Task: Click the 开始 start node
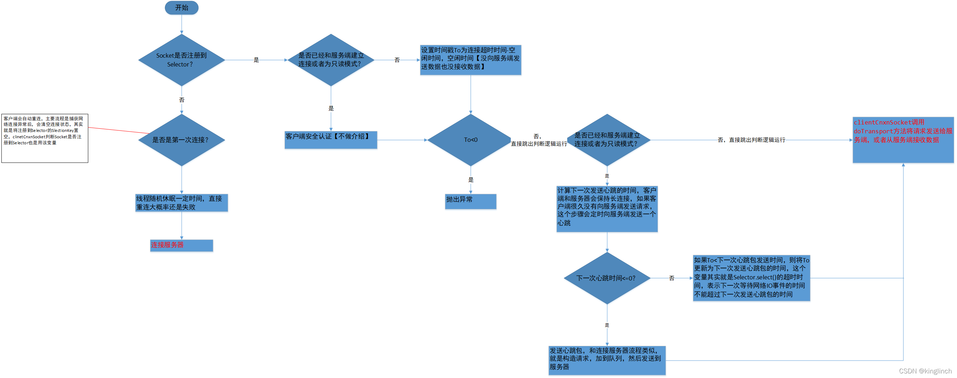point(181,8)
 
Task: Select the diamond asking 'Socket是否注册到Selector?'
point(181,60)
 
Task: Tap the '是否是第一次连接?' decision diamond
point(181,140)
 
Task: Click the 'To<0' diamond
point(470,140)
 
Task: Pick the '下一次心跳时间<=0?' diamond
point(607,278)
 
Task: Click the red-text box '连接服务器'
point(181,245)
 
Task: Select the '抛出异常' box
point(470,201)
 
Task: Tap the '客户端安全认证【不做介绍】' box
point(331,140)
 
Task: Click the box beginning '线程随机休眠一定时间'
point(181,203)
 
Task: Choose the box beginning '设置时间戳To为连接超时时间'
point(470,59)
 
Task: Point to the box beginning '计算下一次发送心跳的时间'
point(607,209)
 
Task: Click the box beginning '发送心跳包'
point(607,360)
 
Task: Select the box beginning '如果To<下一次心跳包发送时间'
point(751,278)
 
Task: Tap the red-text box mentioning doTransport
point(903,140)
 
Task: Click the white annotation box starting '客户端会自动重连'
point(44,138)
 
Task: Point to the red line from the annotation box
point(119,130)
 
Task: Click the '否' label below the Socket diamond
point(182,100)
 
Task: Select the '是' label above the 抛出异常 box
point(471,180)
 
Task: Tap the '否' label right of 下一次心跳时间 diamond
point(671,278)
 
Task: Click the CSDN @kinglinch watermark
point(925,371)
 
